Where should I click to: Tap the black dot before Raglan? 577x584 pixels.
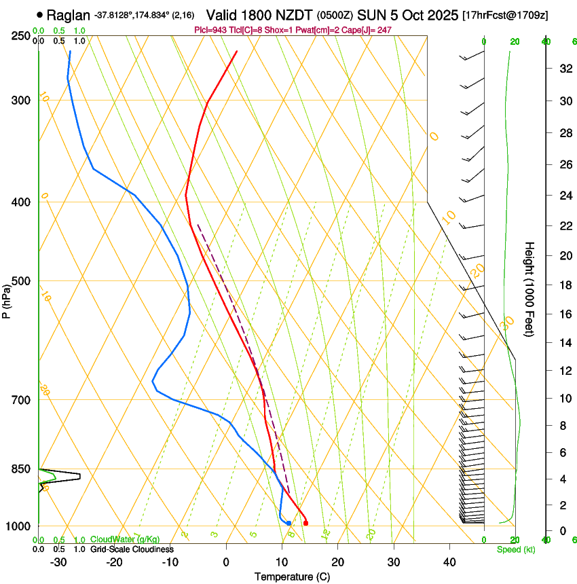[x=41, y=14]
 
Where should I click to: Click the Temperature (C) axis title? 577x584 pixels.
[x=291, y=577]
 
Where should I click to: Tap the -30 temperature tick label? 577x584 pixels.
[x=58, y=562]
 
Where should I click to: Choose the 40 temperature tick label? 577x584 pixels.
[x=449, y=562]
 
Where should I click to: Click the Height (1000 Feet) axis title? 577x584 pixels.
[x=529, y=289]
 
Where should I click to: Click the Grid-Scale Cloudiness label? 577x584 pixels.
[x=131, y=549]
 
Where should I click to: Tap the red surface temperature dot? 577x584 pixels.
[x=305, y=523]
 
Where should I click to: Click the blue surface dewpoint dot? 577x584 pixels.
[x=288, y=523]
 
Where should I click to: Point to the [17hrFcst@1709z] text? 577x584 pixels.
[x=505, y=14]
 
